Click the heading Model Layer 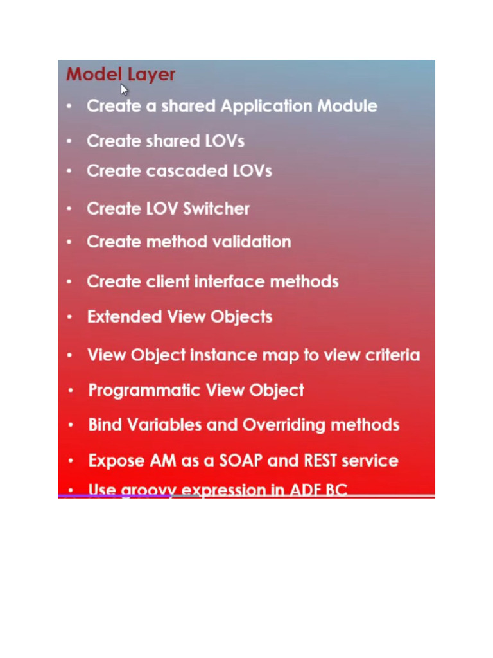121,75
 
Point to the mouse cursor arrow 124,89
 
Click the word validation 252,242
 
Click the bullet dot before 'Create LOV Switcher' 69,209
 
